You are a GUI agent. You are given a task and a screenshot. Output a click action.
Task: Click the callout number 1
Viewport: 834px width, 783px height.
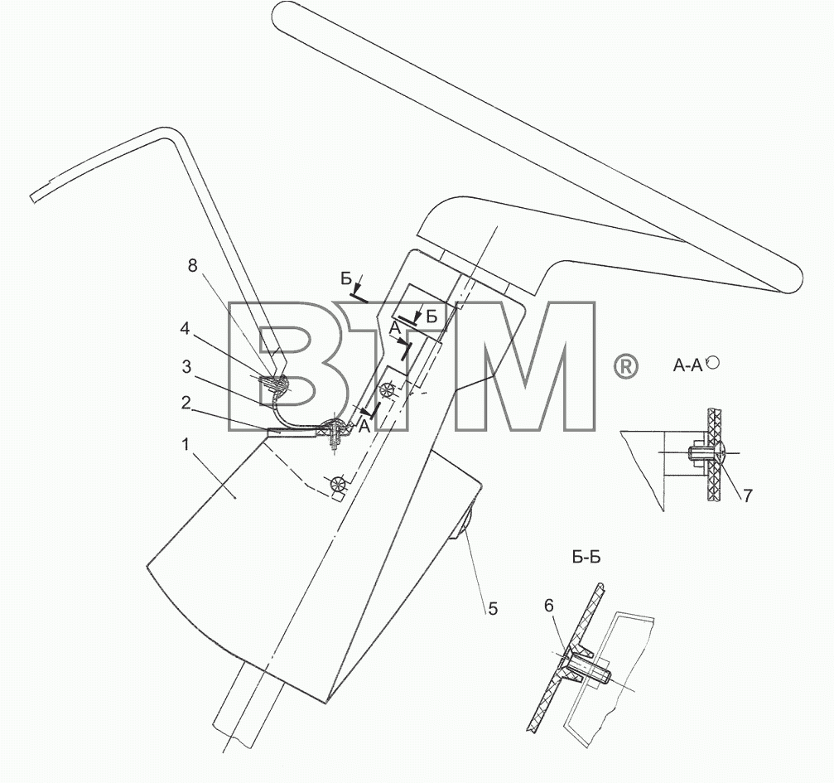click(x=185, y=444)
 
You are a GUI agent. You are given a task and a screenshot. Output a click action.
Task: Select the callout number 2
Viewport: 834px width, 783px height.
click(x=185, y=403)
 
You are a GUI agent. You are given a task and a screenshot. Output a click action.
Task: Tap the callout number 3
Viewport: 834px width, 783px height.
click(x=186, y=366)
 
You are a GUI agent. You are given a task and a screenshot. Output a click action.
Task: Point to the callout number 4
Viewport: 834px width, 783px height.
click(x=185, y=328)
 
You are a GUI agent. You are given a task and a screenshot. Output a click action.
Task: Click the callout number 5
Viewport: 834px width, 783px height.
click(x=493, y=608)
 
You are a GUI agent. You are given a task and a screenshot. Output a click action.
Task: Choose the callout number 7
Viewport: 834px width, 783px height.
click(x=747, y=495)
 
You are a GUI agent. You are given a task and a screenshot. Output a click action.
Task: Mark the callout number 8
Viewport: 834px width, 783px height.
click(x=192, y=265)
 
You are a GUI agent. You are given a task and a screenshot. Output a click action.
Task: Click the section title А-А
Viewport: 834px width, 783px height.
click(x=687, y=365)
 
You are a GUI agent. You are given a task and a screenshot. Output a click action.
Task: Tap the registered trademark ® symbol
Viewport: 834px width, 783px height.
click(x=625, y=368)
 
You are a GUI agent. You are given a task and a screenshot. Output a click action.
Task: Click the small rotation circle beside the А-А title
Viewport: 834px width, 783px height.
click(x=714, y=362)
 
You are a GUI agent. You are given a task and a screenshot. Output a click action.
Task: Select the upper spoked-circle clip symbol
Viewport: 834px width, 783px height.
click(x=388, y=390)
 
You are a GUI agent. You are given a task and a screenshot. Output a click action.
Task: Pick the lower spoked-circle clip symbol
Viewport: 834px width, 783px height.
click(x=338, y=485)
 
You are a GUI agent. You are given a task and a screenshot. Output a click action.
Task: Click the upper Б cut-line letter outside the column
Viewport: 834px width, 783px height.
click(x=346, y=278)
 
